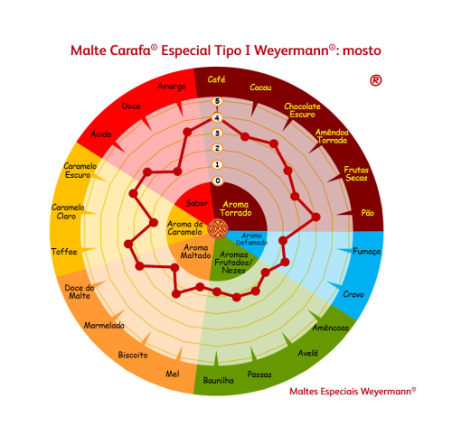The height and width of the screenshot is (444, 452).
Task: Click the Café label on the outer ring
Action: coord(216,79)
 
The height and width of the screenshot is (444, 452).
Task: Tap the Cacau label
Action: coord(260,88)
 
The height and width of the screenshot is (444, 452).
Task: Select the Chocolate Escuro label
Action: coord(302,110)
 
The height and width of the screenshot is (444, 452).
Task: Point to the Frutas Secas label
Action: coord(356,173)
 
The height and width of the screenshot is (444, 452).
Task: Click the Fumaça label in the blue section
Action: coord(366,252)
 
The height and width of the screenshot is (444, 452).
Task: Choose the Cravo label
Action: coord(353,294)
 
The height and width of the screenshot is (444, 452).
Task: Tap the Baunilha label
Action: coord(219,381)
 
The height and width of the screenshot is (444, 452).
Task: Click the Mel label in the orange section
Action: coord(173,374)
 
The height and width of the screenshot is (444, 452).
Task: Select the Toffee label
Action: coord(64,252)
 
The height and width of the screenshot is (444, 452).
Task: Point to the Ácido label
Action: coord(101,134)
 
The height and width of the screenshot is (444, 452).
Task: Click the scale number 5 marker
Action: coord(217,101)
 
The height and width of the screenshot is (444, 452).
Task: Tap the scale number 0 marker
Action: coord(218,180)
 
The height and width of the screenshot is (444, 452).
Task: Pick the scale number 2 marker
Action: coord(217,148)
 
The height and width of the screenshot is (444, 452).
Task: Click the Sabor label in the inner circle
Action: coord(197,203)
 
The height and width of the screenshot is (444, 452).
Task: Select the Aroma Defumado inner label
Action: coord(251,239)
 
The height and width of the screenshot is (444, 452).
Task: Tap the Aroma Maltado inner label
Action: coord(195,252)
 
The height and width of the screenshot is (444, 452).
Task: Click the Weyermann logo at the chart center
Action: coord(218,228)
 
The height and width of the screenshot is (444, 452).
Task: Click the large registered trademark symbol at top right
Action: coord(376,80)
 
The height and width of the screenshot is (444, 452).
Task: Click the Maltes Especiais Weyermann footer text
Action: coord(353,391)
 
